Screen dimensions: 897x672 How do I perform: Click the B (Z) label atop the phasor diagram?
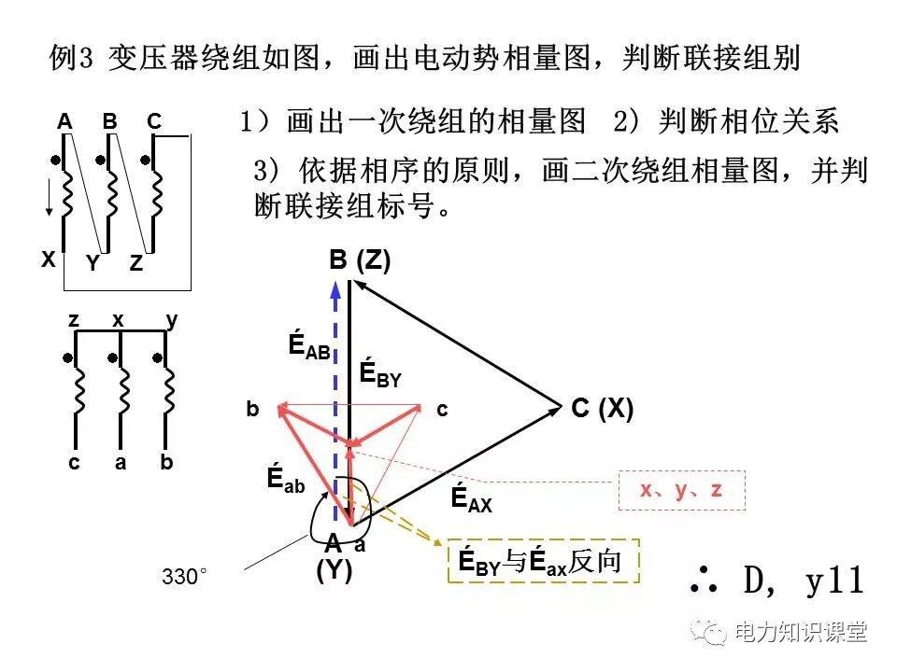pos(360,260)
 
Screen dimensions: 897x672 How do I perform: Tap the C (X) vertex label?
pos(602,409)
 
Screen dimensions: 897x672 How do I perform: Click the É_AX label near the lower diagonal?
pos(471,498)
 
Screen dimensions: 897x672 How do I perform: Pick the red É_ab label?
pos(285,480)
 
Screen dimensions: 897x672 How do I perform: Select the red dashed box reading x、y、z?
pos(682,490)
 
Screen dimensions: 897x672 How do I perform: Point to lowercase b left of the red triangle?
pos(252,409)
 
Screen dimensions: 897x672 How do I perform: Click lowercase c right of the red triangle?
pos(443,409)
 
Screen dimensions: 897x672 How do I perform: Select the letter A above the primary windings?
pos(64,121)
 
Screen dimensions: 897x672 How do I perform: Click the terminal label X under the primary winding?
pos(48,260)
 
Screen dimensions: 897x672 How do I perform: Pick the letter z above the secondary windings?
pos(73,320)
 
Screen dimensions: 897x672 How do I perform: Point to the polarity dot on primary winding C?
pos(146,160)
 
